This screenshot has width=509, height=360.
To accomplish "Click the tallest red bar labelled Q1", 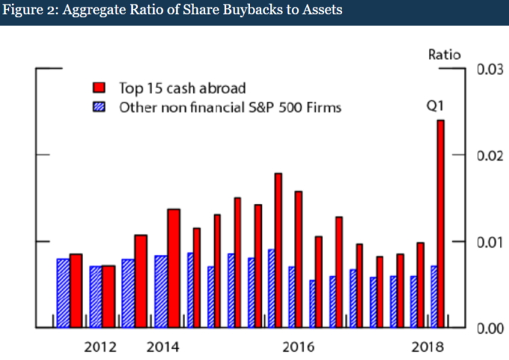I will point(440,224).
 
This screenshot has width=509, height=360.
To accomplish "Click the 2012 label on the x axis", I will point(99,347).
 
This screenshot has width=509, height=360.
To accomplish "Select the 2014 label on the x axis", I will point(161,347).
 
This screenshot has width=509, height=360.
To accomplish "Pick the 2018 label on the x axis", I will point(427,347).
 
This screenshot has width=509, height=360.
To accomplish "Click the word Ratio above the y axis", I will point(444,54).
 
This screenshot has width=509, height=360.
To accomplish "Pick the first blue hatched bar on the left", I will point(63,293).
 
